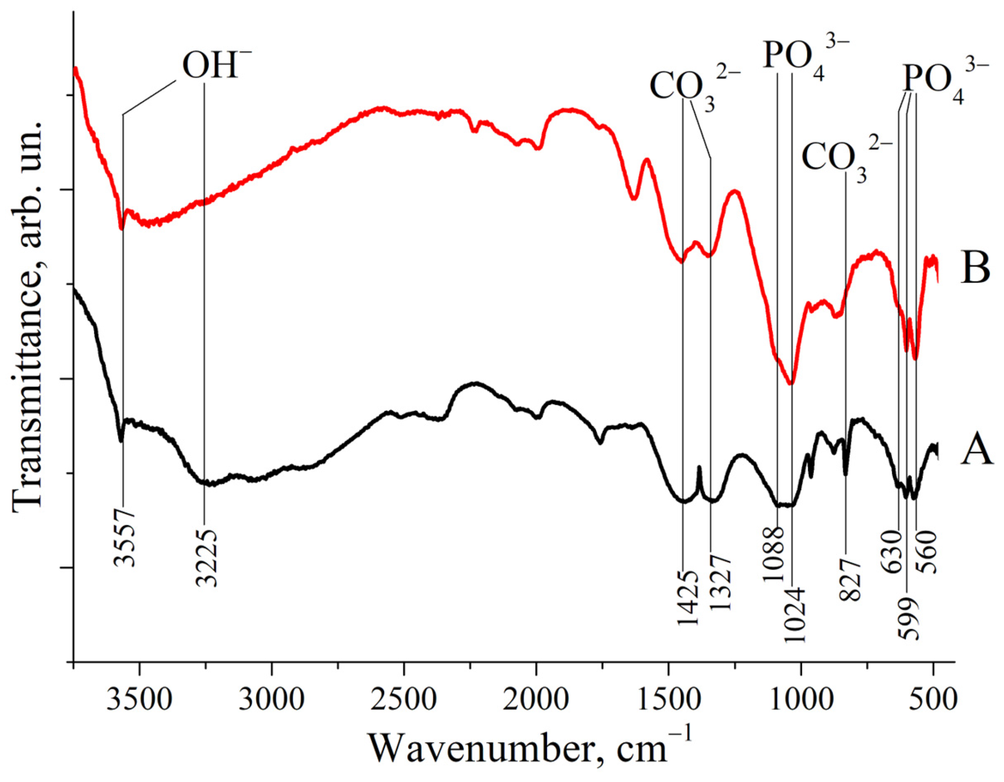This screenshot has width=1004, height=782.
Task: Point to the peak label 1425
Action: [x=687, y=597]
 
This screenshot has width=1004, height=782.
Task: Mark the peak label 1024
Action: [x=794, y=615]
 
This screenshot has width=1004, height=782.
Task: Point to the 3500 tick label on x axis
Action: [x=140, y=702]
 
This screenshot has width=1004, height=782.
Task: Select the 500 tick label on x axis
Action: [x=933, y=702]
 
